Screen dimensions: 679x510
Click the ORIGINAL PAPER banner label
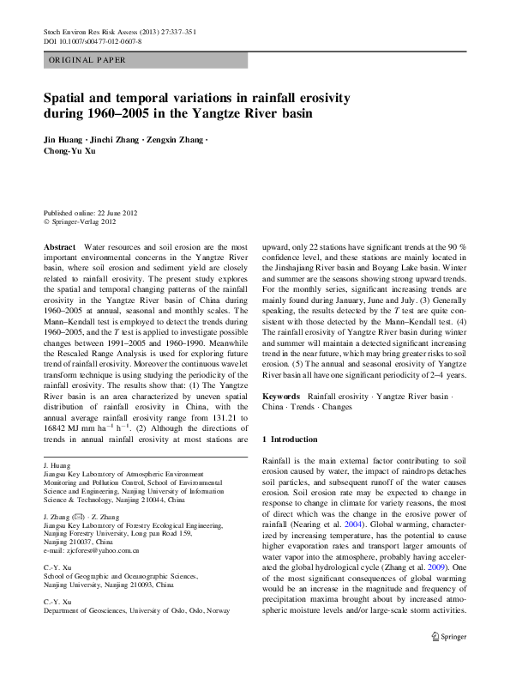click(x=87, y=60)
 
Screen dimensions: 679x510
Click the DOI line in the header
click(x=93, y=41)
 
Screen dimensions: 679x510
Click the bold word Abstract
click(x=59, y=246)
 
